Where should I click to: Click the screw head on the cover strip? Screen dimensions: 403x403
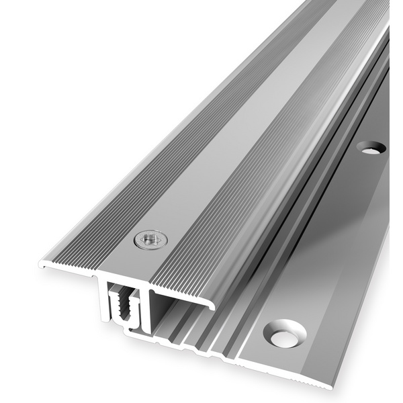click(150, 239)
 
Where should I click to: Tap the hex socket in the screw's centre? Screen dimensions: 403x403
click(150, 238)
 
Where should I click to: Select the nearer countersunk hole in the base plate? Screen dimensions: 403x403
click(285, 333)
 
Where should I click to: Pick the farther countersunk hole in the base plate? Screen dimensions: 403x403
click(371, 147)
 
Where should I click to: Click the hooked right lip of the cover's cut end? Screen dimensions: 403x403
click(211, 306)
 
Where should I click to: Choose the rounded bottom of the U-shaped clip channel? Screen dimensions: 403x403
click(124, 324)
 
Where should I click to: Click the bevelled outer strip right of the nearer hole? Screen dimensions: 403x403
click(349, 349)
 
